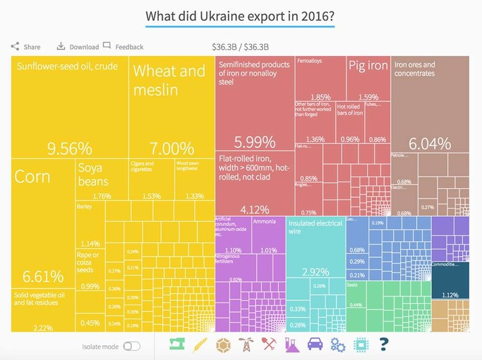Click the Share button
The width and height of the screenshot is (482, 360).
26,47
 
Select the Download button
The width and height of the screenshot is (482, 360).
78,47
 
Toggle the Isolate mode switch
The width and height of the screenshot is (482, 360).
132,346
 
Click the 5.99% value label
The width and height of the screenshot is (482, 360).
255,142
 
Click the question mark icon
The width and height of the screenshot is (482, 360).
384,344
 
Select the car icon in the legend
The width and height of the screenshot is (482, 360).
315,344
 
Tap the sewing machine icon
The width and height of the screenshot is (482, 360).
177,344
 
